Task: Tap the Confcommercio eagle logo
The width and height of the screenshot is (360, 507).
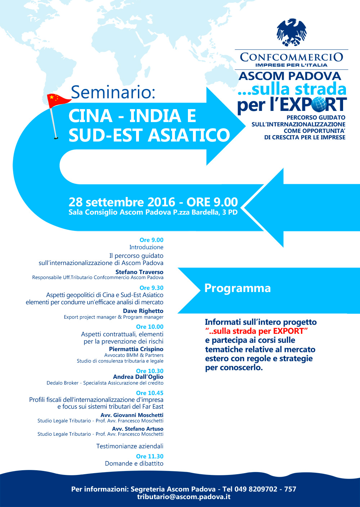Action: (292, 33)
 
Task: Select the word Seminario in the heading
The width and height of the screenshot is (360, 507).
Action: (113, 92)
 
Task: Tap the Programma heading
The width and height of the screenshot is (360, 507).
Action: (238, 288)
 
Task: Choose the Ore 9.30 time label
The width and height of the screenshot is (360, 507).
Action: (152, 288)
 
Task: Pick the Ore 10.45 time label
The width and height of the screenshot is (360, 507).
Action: (150, 393)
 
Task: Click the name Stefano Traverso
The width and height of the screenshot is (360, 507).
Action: (139, 272)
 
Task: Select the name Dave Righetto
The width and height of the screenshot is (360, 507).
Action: (143, 311)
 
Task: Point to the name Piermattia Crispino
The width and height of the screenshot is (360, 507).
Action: (136, 349)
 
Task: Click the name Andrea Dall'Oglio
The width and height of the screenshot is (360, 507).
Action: (138, 377)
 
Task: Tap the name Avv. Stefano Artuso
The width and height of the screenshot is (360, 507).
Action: (138, 429)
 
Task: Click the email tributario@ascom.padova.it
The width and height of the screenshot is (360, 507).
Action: (184, 497)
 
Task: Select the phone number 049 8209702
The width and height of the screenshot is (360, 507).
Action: (256, 489)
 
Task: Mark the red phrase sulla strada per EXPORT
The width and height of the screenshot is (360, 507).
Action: (256, 331)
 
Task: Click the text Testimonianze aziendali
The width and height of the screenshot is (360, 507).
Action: (130, 446)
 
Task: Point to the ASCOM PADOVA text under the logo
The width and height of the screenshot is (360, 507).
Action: (290, 76)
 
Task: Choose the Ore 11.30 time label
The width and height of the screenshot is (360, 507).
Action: (150, 456)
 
